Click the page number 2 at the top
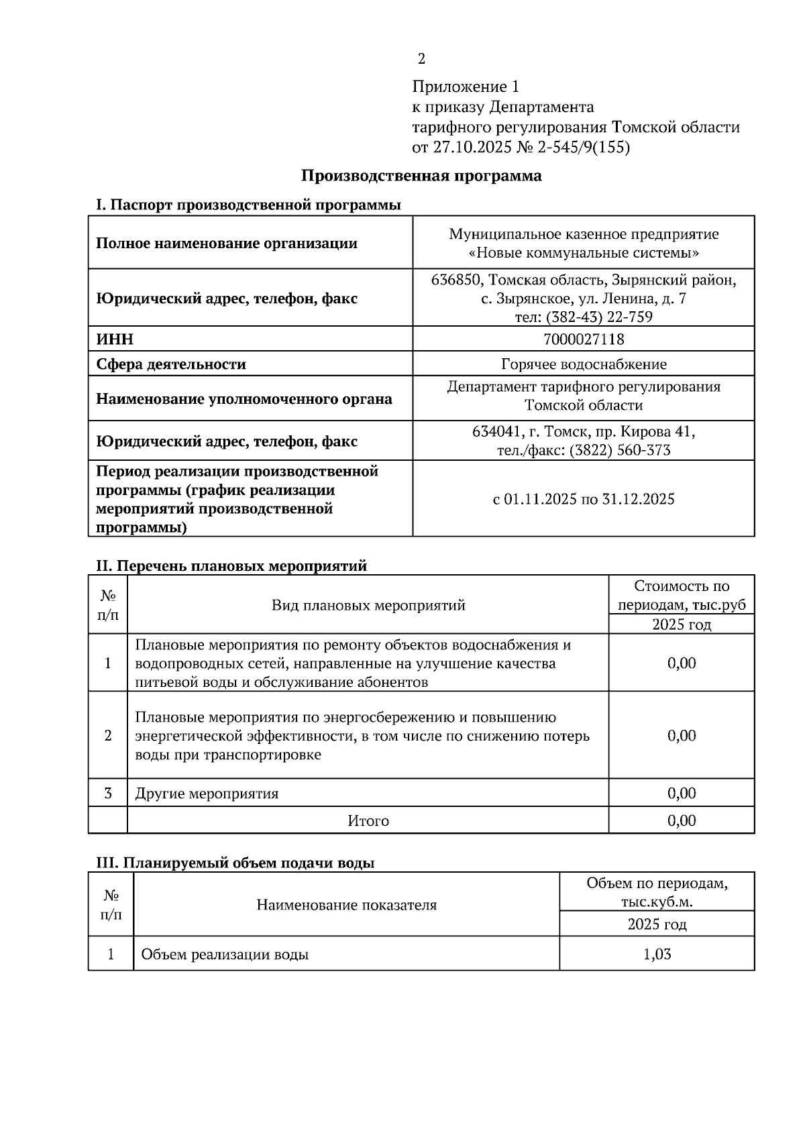[x=421, y=59]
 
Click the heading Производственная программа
[x=421, y=176]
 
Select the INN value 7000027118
[x=583, y=339]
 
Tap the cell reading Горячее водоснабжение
[x=583, y=364]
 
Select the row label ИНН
[x=115, y=339]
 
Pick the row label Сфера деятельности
[x=171, y=364]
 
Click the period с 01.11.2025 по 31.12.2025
[x=583, y=499]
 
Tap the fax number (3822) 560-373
[x=619, y=450]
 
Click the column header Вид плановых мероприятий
[x=368, y=605]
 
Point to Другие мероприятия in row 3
[x=207, y=794]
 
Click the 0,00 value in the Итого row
[x=681, y=820]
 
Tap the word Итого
[x=368, y=820]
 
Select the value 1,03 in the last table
[x=656, y=954]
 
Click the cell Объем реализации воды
[x=225, y=954]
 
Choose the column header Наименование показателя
[x=346, y=905]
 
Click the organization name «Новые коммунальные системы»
[x=583, y=253]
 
